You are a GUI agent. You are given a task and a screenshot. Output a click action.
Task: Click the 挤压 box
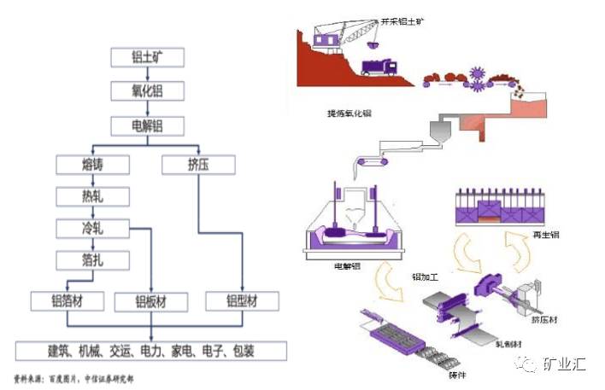[x=197, y=163]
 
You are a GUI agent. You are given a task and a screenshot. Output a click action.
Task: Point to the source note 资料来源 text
[x=73, y=377]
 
